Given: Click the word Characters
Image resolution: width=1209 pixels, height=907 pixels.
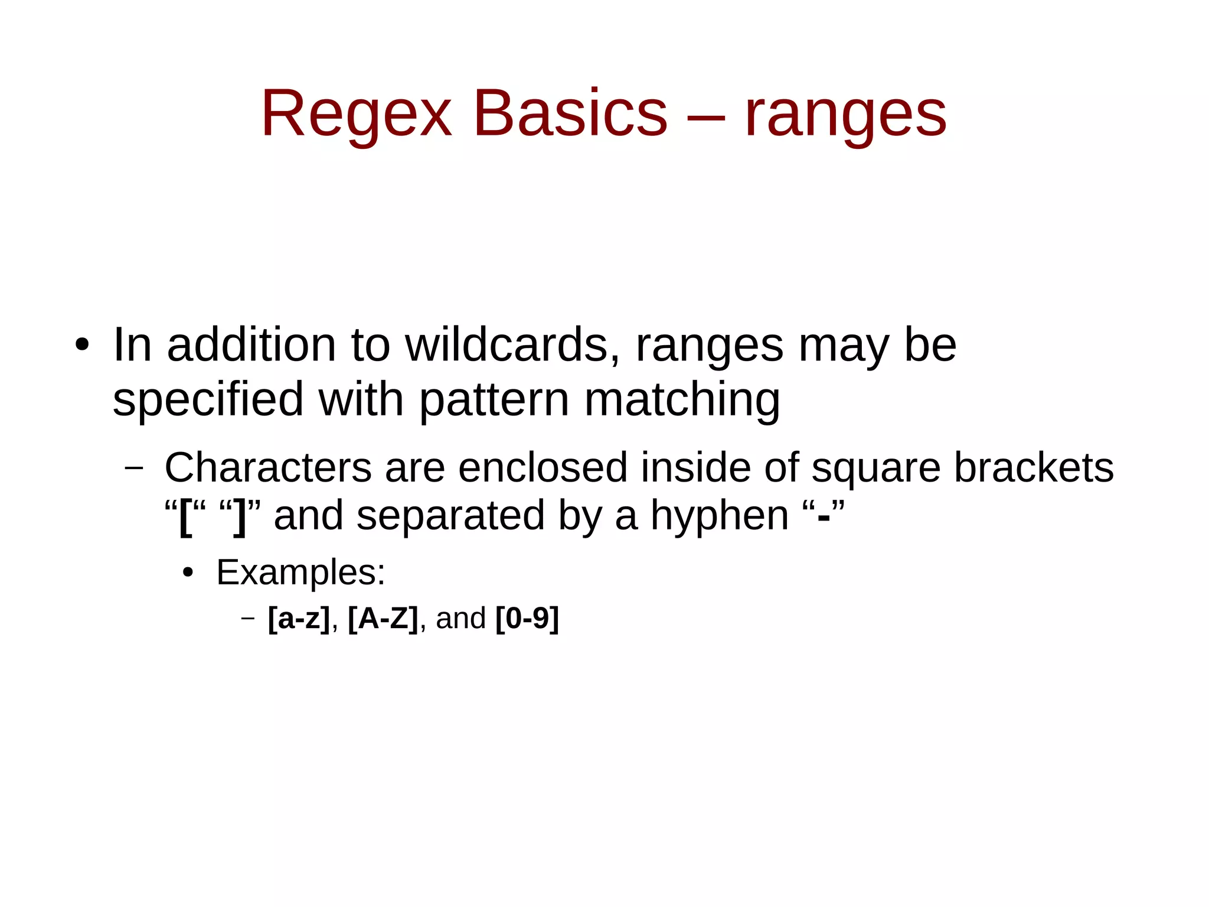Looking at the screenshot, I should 268,467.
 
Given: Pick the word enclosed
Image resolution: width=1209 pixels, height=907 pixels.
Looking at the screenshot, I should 543,467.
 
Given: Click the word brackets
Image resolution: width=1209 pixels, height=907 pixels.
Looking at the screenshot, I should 1034,467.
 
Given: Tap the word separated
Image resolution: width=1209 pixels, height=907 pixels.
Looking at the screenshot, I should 450,516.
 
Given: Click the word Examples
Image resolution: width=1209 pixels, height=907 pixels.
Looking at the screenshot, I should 300,573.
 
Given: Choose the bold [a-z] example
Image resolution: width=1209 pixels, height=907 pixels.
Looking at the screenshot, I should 299,619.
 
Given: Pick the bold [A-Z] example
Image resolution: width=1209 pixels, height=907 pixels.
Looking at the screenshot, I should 383,619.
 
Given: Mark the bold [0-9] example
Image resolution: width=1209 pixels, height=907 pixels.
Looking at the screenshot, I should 527,619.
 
